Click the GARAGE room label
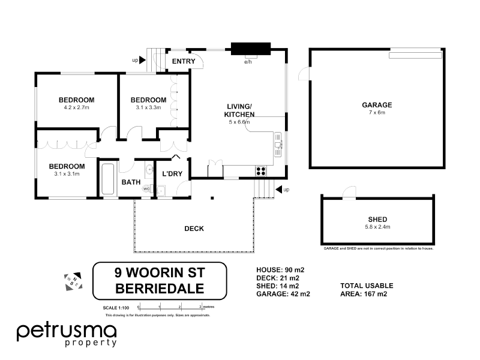[376, 104]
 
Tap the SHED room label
[377, 219]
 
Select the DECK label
[194, 229]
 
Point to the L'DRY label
[172, 174]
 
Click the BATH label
[131, 182]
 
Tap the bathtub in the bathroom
[108, 179]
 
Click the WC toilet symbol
[146, 189]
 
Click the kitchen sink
[278, 142]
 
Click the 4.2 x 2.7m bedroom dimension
[76, 108]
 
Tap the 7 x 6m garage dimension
[376, 112]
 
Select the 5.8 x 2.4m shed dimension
[377, 227]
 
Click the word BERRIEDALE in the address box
[159, 288]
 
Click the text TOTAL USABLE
[367, 286]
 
